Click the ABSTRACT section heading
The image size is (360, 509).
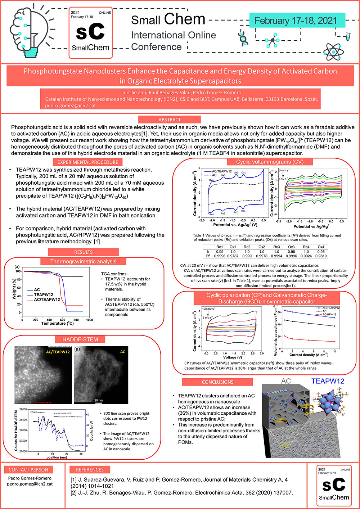pos(169,120)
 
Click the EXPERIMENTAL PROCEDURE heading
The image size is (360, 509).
pos(87,162)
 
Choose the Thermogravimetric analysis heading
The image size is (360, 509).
pos(83,262)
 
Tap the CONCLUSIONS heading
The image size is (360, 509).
pos(217,382)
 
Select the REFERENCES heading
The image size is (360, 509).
pos(90,470)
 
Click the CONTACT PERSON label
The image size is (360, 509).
pos(28,470)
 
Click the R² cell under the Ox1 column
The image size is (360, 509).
pos(233,256)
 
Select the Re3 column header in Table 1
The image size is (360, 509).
pos(276,247)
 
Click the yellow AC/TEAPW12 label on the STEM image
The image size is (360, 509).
pos(58,352)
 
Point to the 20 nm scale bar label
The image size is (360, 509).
pos(98,400)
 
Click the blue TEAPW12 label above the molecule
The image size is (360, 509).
pos(328,381)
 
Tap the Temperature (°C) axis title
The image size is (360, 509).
pos(57,323)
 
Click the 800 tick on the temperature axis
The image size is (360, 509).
pos(76,320)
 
